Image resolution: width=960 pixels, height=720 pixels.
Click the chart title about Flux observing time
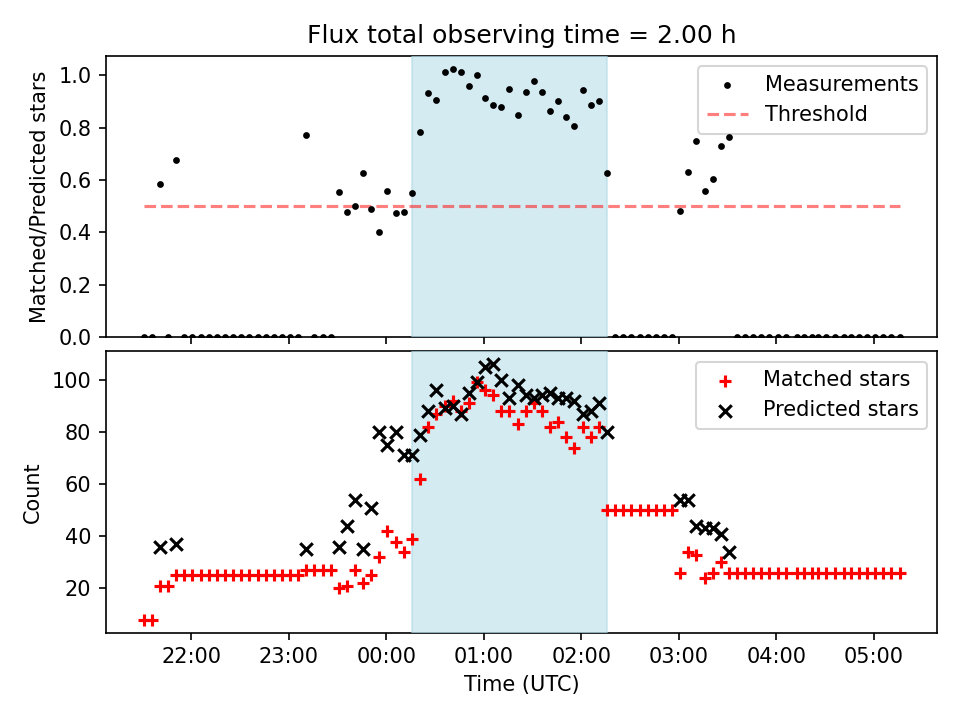[x=521, y=35]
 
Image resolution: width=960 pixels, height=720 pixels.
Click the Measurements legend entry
[x=841, y=84]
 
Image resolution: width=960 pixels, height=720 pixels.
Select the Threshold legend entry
[x=816, y=114]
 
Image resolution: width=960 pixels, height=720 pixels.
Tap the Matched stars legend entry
[x=836, y=379]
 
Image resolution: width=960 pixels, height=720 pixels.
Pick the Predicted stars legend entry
[x=840, y=409]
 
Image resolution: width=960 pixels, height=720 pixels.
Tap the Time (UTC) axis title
[x=521, y=685]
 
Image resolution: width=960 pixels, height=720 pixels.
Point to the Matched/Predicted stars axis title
[x=38, y=197]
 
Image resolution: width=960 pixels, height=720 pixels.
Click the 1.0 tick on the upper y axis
[x=82, y=76]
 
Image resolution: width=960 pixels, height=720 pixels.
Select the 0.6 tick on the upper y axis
[x=82, y=181]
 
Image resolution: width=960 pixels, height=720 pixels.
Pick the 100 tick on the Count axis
[x=79, y=380]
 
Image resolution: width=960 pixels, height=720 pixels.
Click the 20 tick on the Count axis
[x=84, y=588]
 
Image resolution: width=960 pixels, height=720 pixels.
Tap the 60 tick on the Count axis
[x=84, y=484]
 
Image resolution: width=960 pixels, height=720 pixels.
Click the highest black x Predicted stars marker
[x=492, y=365]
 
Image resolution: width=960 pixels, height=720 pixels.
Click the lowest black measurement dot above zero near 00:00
[x=379, y=232]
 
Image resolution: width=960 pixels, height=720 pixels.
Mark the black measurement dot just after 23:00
[x=306, y=135]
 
